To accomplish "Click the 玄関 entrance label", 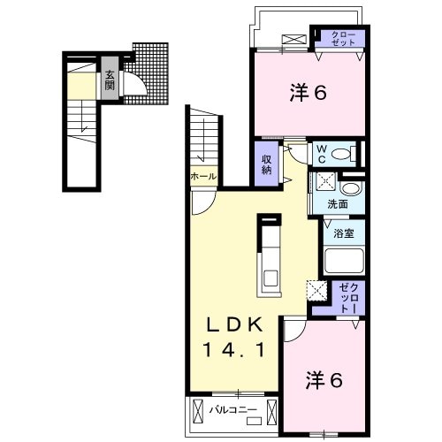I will pyautogui.click(x=110, y=80).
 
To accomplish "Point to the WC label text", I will pyautogui.click(x=323, y=153).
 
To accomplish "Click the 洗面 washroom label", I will pyautogui.click(x=338, y=204).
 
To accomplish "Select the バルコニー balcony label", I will pyautogui.click(x=234, y=409).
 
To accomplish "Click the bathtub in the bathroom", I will pyautogui.click(x=344, y=261).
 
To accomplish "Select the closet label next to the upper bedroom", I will pyautogui.click(x=343, y=38).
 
